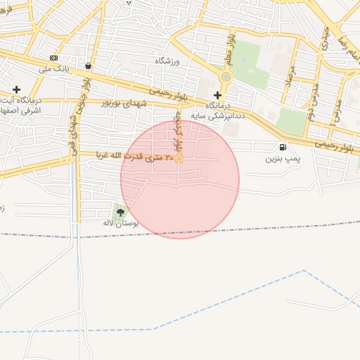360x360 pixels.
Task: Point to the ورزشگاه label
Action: tap(168, 61)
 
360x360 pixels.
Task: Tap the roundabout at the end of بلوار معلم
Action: tap(226, 77)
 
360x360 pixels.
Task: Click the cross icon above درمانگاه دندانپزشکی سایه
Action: tap(217, 94)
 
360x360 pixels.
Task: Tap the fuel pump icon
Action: tap(283, 148)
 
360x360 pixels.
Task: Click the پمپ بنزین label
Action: tap(283, 160)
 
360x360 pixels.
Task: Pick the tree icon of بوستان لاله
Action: tap(120, 212)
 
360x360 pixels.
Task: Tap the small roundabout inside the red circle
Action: tap(180, 158)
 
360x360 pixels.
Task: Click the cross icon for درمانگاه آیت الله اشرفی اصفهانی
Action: tap(17, 90)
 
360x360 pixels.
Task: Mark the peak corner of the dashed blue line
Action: tap(304, 271)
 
